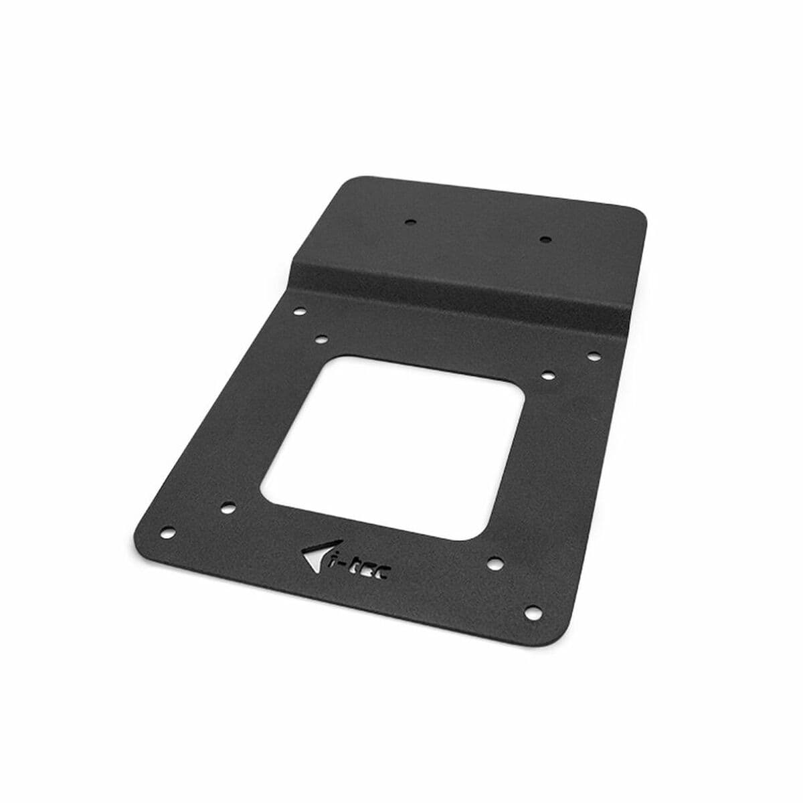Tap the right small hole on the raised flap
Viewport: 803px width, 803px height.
point(545,238)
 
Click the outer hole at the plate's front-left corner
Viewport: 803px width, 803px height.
point(167,532)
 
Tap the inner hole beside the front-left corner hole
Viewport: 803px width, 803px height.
point(228,507)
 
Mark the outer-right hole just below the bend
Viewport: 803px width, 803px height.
point(592,356)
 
